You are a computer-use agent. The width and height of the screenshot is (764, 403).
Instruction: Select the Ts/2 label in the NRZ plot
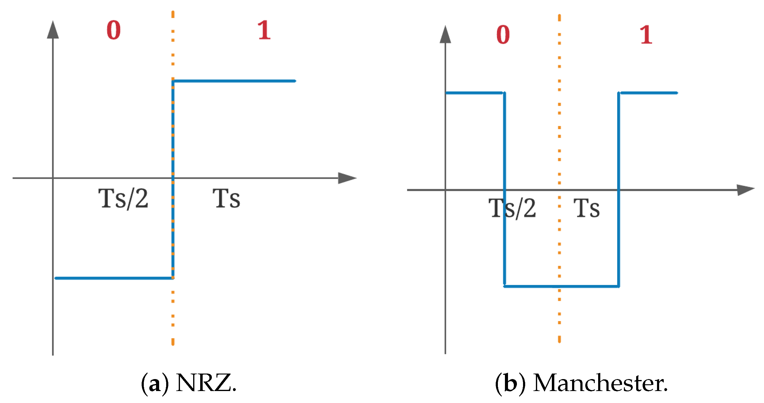pos(123,199)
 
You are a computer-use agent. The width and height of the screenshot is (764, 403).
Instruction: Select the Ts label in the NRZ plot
pos(226,199)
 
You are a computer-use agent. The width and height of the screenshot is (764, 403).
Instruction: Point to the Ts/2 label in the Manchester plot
pos(512,208)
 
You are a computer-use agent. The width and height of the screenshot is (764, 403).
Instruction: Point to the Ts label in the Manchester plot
pos(586,208)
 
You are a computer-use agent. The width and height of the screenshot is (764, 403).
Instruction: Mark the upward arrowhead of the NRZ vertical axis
pos(53,30)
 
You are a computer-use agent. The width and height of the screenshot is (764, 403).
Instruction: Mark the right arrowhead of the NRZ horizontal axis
pos(347,178)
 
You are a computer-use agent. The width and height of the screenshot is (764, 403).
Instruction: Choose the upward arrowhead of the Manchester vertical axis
pos(445,35)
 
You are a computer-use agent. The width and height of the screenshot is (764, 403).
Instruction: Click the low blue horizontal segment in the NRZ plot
pos(113,278)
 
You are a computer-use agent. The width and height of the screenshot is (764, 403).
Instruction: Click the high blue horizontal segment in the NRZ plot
pos(235,81)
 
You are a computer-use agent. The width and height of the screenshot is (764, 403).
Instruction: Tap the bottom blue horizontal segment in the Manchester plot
pos(561,286)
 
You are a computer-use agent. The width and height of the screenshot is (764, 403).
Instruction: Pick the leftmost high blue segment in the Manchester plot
pos(474,93)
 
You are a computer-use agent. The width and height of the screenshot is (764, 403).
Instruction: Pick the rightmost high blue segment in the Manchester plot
pos(649,93)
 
